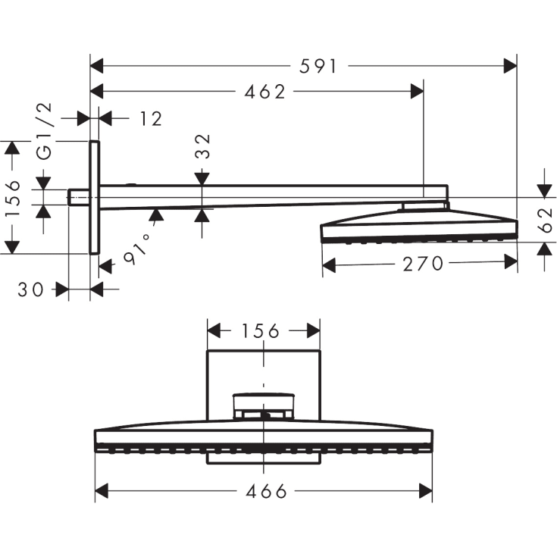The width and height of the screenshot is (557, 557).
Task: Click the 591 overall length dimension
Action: (317, 67)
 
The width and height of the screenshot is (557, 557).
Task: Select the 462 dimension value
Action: (264, 92)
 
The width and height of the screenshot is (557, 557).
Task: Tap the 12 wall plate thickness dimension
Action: (151, 118)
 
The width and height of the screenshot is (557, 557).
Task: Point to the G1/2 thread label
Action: (45, 130)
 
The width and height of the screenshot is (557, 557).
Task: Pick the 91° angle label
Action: (137, 249)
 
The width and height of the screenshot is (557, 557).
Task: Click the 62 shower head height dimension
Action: (543, 221)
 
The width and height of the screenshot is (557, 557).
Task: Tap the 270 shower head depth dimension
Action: (422, 264)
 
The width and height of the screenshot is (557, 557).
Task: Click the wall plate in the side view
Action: (95, 197)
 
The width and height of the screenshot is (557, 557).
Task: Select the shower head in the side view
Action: (421, 227)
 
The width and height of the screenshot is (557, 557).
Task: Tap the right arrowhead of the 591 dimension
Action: (510, 67)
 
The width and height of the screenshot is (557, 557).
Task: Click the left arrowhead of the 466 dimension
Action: (102, 491)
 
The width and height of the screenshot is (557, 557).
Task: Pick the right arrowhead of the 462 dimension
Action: (416, 92)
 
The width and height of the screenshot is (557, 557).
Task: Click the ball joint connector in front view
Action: (264, 405)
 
